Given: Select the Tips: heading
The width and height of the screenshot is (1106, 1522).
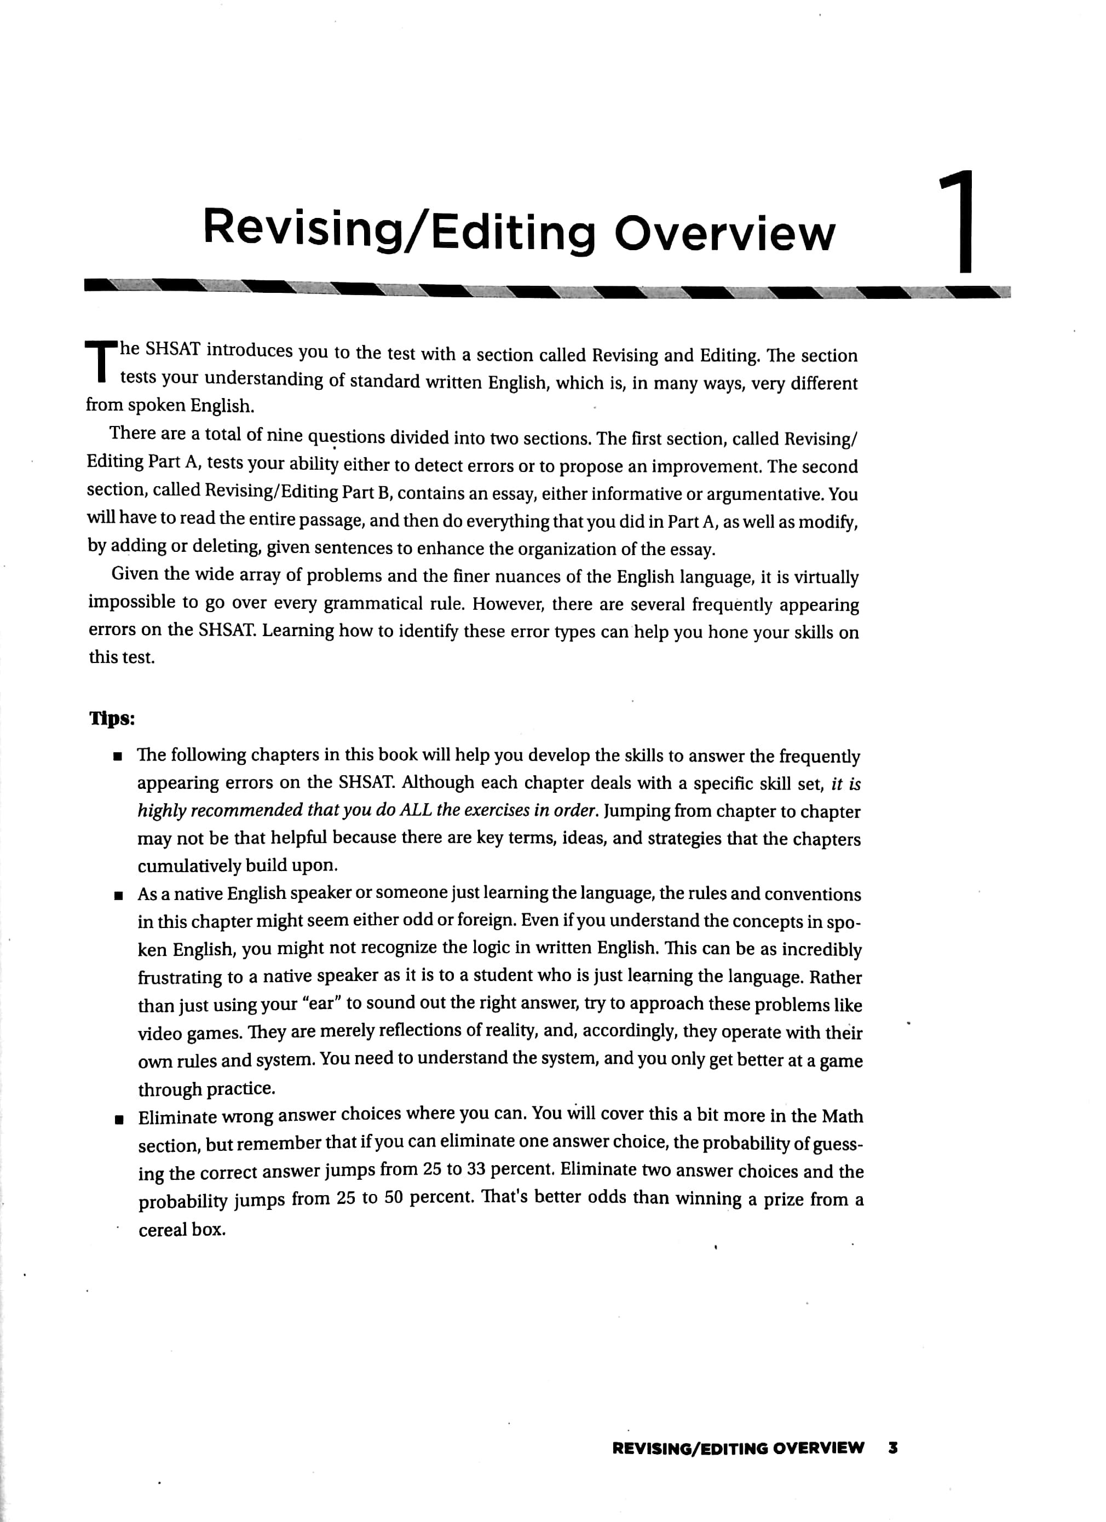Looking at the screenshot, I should point(112,719).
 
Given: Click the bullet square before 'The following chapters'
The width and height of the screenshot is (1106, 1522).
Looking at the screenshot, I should point(118,758).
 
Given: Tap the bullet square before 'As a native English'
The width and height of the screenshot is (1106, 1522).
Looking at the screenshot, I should point(118,896).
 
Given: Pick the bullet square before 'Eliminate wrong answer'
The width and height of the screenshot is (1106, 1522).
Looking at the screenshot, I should point(119,1120).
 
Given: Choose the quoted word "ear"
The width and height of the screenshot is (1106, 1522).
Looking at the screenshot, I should point(321,1004).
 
